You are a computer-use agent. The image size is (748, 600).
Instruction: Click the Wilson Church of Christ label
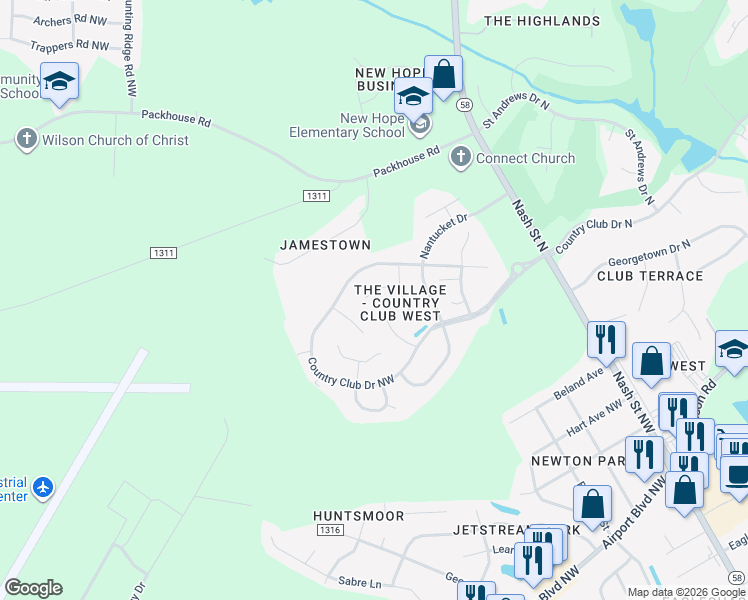pyautogui.click(x=115, y=140)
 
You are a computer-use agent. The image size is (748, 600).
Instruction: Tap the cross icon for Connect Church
pyautogui.click(x=460, y=157)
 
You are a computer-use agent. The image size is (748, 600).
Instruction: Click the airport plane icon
pyautogui.click(x=42, y=487)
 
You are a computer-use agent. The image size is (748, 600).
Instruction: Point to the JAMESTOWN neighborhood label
pyautogui.click(x=325, y=245)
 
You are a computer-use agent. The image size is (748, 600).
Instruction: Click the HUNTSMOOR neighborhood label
pyautogui.click(x=358, y=516)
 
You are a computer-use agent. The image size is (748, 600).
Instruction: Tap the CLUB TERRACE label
pyautogui.click(x=650, y=276)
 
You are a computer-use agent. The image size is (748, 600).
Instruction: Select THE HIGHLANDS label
pyautogui.click(x=542, y=21)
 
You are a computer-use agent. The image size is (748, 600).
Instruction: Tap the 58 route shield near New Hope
pyautogui.click(x=464, y=104)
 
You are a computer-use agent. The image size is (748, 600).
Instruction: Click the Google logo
pyautogui.click(x=33, y=588)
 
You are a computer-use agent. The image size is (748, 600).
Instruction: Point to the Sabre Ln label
pyautogui.click(x=361, y=583)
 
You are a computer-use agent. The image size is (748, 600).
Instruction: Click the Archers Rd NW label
pyautogui.click(x=68, y=20)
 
